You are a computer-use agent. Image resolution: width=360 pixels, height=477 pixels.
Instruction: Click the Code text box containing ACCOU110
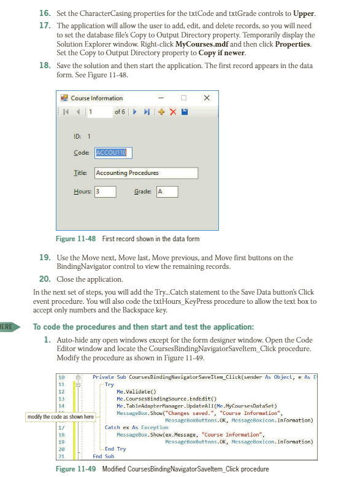(113, 153)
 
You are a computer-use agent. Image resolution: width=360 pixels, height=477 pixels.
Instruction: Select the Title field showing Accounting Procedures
(146, 173)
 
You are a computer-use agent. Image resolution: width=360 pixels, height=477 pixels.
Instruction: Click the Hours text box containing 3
(105, 192)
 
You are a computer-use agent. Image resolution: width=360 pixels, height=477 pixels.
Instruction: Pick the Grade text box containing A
(167, 192)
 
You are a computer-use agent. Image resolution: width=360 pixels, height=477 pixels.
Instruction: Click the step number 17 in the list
(44, 26)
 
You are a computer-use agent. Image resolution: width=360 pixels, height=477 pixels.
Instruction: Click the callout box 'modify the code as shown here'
(61, 417)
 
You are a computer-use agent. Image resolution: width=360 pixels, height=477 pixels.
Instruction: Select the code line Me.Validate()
(136, 391)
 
